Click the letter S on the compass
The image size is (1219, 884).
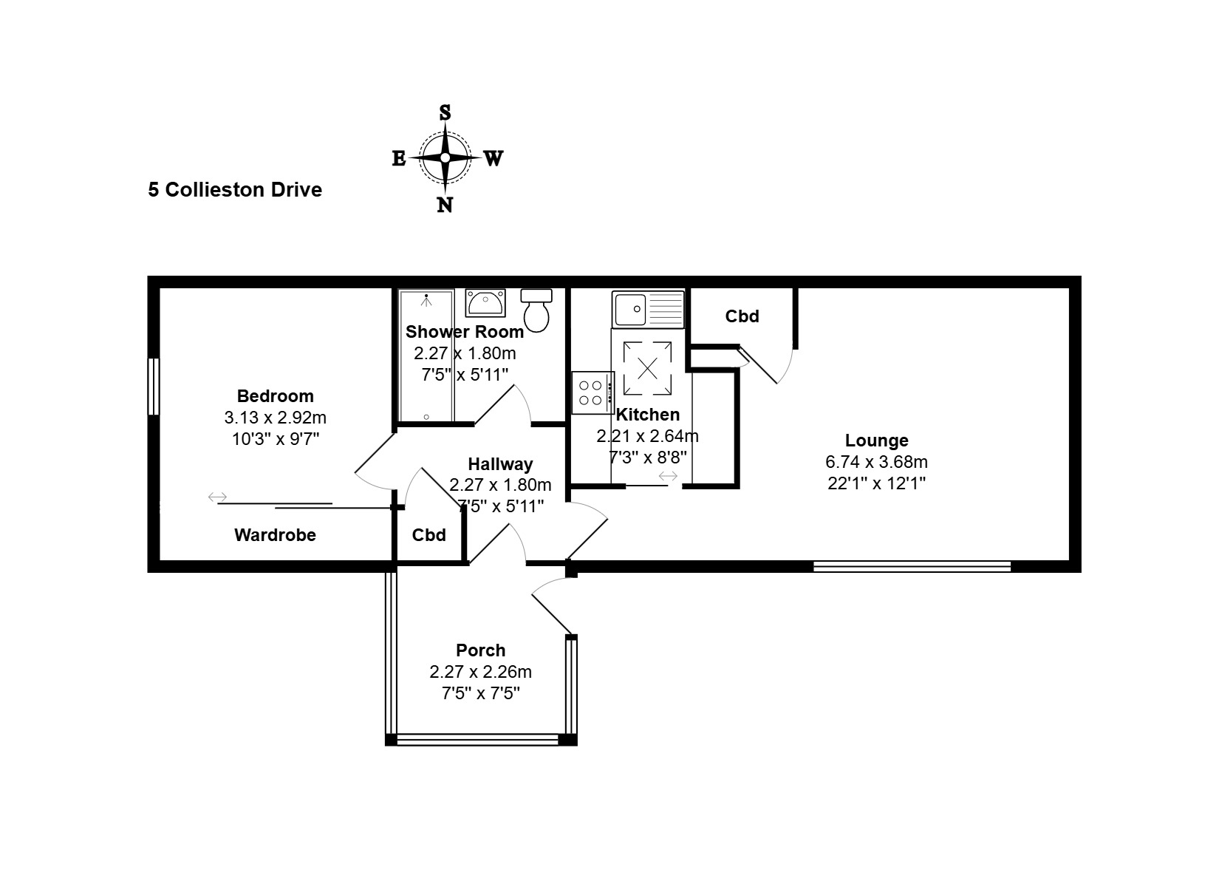coord(445,113)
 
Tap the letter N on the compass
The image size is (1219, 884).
coord(445,205)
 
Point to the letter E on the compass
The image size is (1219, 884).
coord(398,159)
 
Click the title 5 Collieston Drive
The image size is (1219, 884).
coord(235,190)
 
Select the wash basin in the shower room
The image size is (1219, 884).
coord(485,302)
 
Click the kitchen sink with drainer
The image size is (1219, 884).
coord(648,309)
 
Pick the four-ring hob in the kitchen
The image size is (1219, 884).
coord(592,392)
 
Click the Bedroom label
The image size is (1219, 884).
coord(275,396)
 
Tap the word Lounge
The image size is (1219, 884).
coord(876,441)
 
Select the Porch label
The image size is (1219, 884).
coord(480,650)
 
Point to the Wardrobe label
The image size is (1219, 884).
coord(275,535)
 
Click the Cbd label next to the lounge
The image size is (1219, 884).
coord(742,316)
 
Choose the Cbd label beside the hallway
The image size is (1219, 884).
coord(429,535)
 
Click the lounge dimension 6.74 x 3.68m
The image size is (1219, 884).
coord(876,462)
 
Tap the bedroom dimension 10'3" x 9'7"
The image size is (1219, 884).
coord(275,439)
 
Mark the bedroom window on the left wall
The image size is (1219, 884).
coord(154,387)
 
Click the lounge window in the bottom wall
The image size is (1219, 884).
coord(912,566)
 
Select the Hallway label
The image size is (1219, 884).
coord(500,464)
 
